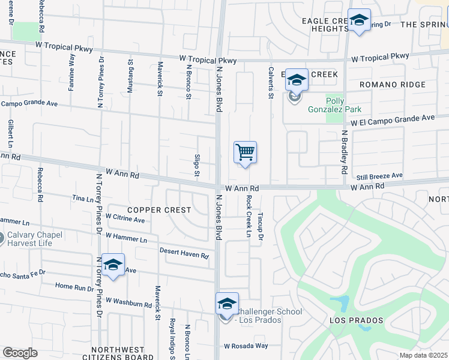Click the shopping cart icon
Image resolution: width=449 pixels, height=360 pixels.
[x=245, y=152]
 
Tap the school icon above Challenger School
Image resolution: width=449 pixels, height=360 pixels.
[x=227, y=303]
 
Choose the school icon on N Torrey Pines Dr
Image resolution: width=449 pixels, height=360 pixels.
[x=112, y=265]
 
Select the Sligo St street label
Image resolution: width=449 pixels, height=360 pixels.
[x=197, y=166]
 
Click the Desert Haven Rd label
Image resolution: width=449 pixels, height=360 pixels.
[x=184, y=253]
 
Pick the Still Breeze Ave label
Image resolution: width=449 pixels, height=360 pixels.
[x=379, y=176]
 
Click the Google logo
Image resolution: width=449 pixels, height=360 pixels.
[x=20, y=353]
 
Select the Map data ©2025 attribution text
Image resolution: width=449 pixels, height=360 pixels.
[x=423, y=355]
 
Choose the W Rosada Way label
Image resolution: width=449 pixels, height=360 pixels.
[x=246, y=346]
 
